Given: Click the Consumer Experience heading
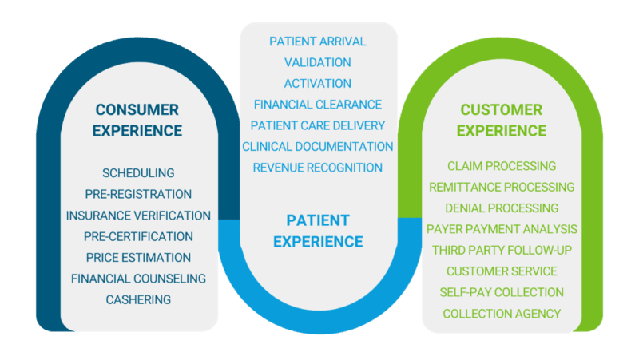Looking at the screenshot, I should coord(138,120).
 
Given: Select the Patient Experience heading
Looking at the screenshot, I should coord(318,231).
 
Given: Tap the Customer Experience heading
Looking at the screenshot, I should coord(502,120).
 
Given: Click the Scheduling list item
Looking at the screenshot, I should coord(138,173).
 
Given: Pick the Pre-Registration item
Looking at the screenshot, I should coord(138,194).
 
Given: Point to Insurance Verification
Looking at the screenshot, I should coord(138,216).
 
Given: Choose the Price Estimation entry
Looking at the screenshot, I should coord(138,258).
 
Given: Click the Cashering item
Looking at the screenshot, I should coord(138,299).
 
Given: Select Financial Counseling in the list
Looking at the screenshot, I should coord(138,279).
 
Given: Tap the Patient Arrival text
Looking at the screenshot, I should coord(317,41).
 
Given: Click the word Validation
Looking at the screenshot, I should coord(317,62).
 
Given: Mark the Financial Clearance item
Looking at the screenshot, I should coord(317,105).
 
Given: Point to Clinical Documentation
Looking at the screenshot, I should coord(317,147).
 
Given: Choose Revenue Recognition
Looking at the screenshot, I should coord(317,168).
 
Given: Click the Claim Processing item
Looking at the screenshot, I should coord(502,166).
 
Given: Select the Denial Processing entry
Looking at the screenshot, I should coord(502,208).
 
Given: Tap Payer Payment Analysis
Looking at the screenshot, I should coord(502,229).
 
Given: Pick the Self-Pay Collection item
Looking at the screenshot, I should coord(502,292).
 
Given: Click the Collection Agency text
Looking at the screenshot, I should coord(502,314).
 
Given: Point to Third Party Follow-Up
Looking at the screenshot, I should coord(502,250).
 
